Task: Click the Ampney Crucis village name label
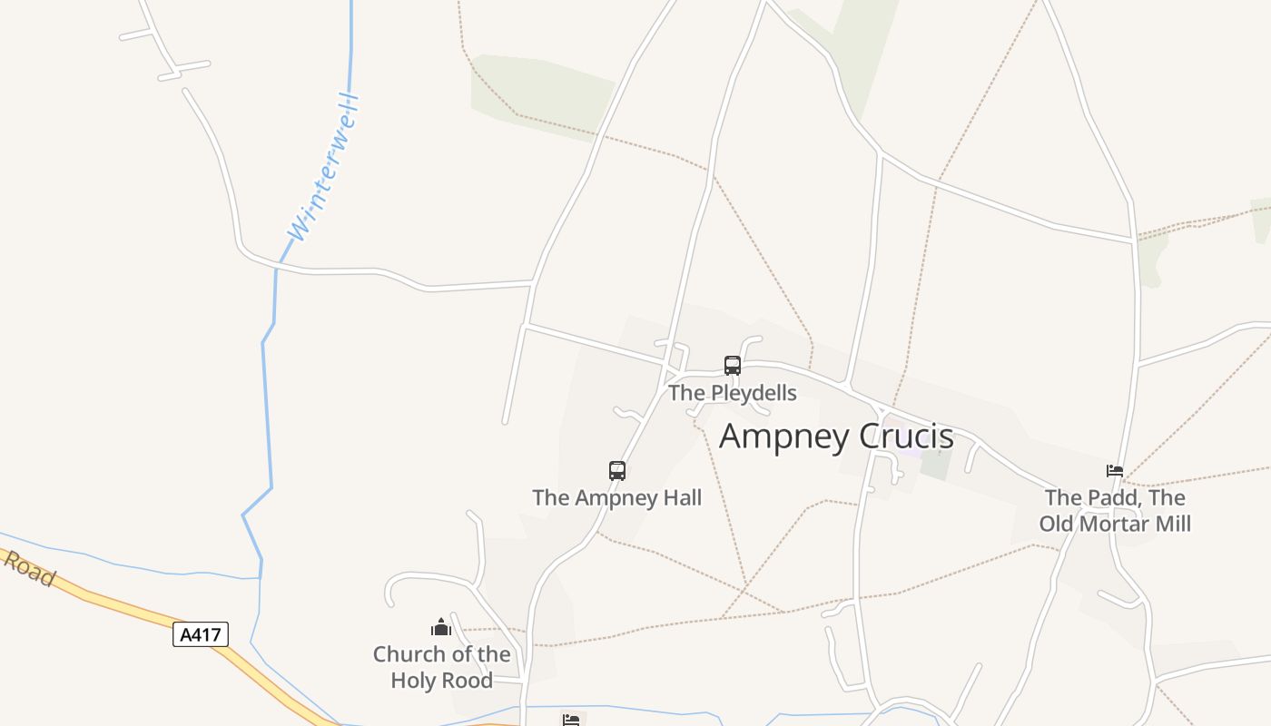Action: click(x=836, y=437)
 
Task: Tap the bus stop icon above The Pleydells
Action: click(x=733, y=366)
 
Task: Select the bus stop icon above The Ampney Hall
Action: click(x=617, y=471)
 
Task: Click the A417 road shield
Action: click(x=201, y=634)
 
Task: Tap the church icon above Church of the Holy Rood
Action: click(x=441, y=627)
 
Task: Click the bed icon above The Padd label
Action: click(x=1115, y=471)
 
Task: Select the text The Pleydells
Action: click(x=733, y=393)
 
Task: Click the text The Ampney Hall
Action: click(x=617, y=497)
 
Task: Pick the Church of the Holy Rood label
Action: click(x=441, y=667)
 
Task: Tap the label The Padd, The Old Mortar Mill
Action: click(x=1115, y=511)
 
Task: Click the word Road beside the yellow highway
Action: click(x=30, y=569)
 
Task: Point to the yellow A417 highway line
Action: click(x=118, y=605)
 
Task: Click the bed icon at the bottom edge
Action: click(x=571, y=721)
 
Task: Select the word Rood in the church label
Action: click(x=469, y=681)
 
